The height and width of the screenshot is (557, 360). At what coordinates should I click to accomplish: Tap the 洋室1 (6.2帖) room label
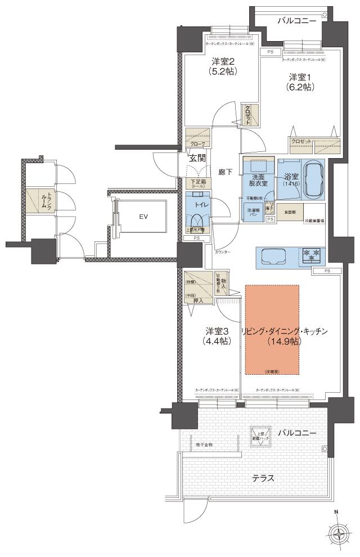coord(301,82)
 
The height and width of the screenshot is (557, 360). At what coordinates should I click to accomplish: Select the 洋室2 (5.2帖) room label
coord(223,66)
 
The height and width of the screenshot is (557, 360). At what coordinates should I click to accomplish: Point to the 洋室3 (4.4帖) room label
coord(217,336)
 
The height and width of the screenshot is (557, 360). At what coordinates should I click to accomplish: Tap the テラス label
coord(263,478)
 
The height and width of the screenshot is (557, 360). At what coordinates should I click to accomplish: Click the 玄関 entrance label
coord(196,158)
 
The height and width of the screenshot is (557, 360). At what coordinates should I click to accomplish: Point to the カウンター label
coord(222,253)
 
